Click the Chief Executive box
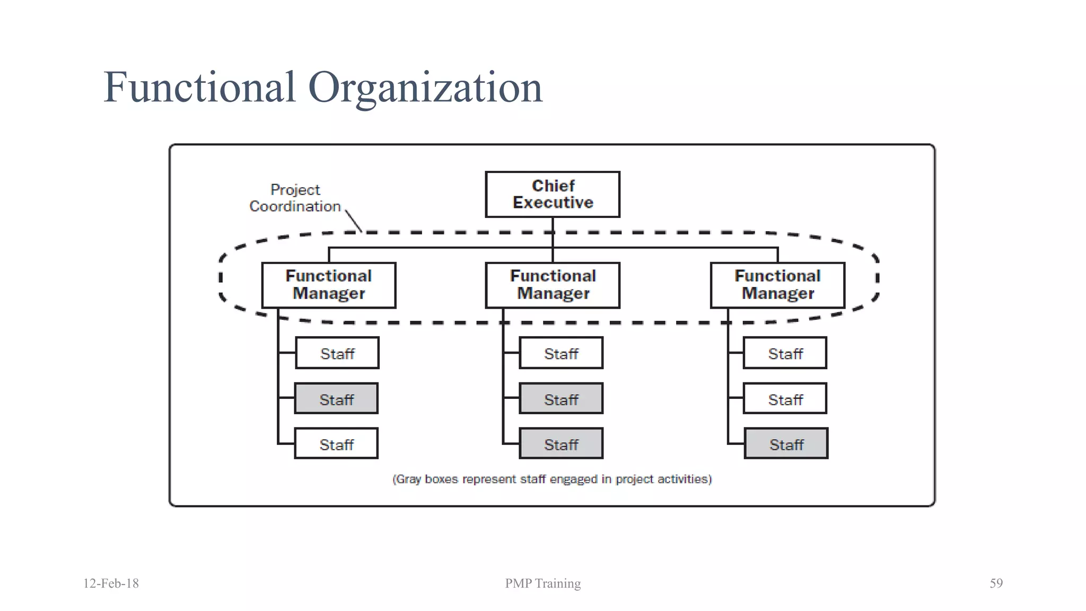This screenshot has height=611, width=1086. pos(552,194)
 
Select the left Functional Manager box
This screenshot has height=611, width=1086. pos(329,285)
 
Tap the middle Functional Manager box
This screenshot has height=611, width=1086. pos(553,285)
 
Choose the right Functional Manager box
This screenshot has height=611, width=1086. pos(777,285)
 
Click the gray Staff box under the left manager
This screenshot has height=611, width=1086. pos(336,398)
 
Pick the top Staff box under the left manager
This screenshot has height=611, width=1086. pos(337,353)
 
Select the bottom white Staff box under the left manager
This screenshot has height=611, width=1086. pos(336,443)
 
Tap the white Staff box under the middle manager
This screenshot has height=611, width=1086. pos(561,353)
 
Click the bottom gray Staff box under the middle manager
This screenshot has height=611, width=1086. pos(561,443)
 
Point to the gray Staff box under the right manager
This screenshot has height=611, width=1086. pos(786,443)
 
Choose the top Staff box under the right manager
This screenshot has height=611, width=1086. pos(785,353)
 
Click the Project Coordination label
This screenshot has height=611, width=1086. pos(295,198)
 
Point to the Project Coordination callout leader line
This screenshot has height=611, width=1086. pos(354,221)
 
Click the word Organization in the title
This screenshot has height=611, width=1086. pos(425,88)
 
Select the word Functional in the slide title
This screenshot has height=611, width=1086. pos(199,88)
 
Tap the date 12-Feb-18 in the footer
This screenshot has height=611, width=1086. pos(111,583)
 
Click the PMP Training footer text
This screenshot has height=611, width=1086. pos(542,583)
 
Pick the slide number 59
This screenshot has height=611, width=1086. pos(996,583)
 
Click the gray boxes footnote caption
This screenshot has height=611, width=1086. pos(552,479)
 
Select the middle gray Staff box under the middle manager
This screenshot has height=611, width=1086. pos(561,398)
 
